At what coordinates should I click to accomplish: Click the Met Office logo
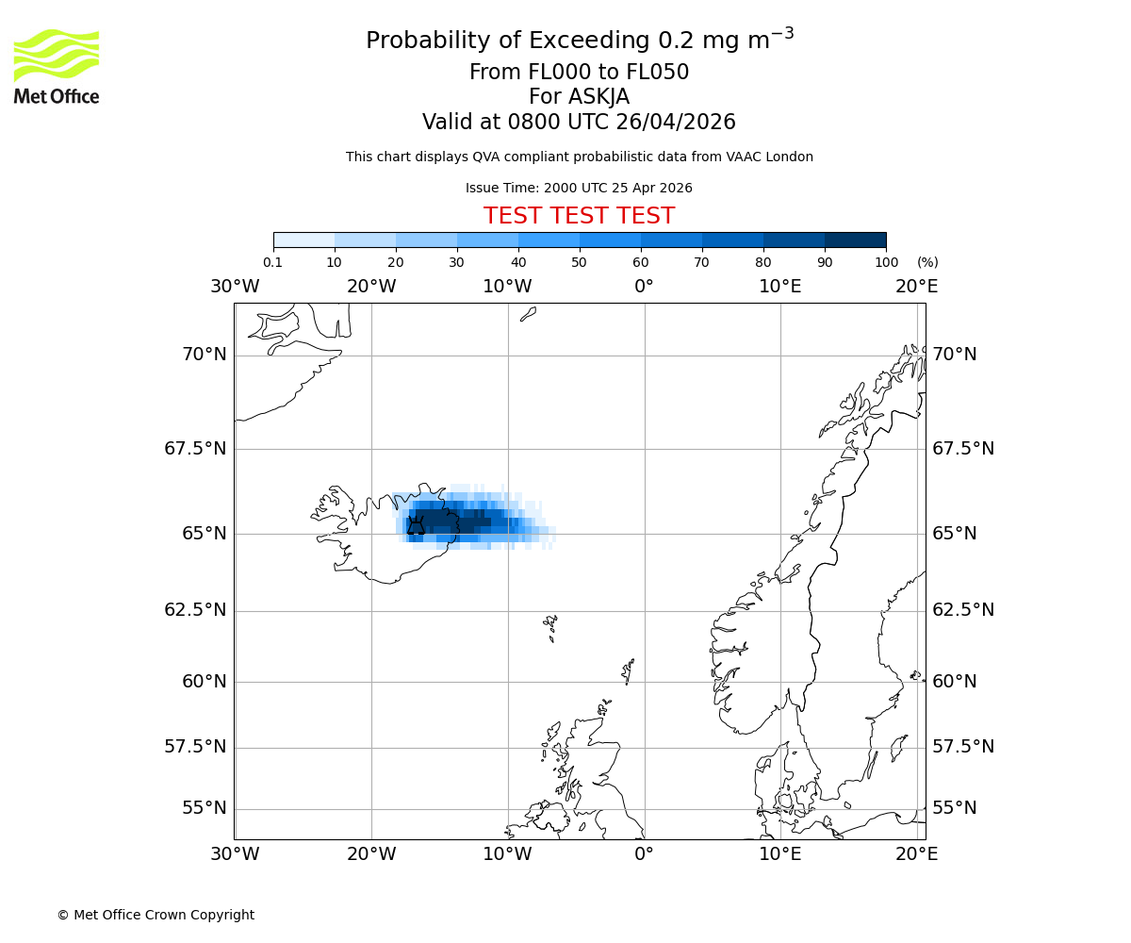pos(57,66)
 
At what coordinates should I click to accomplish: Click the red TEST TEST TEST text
pos(579,216)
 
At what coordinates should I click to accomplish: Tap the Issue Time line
pos(579,188)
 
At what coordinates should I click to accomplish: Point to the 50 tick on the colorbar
pos(579,262)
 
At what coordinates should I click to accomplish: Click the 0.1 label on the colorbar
pos(273,262)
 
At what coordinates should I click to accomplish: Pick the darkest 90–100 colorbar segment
pos(855,240)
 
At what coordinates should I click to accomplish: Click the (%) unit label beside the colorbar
pos(927,262)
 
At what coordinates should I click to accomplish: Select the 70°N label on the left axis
pos(204,355)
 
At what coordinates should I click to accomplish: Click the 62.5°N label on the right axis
pos(963,610)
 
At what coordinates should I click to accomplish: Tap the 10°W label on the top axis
pos(507,286)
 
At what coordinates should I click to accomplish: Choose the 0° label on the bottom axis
pos(644,854)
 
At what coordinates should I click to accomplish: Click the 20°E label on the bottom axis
pos(916,854)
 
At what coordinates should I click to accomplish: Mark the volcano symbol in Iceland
pos(416,526)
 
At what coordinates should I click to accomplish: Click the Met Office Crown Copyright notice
pos(156,915)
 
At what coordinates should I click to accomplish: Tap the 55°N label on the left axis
pos(204,808)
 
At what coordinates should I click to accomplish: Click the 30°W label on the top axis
pos(235,286)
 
